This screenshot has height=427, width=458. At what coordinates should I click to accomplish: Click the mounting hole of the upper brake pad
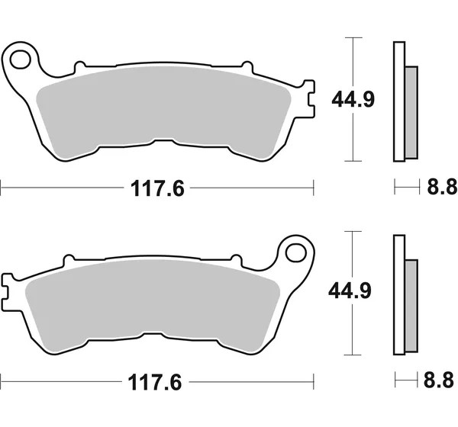[20, 59]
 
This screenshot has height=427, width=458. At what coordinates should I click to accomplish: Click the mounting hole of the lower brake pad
[296, 252]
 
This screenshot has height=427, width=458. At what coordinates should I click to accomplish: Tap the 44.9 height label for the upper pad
[353, 100]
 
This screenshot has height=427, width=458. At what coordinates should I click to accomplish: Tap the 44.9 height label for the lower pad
[350, 291]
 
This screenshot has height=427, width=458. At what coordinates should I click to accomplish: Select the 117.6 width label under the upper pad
[157, 188]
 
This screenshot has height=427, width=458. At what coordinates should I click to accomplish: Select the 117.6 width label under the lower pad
[155, 382]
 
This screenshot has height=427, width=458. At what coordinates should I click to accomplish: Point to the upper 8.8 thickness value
[442, 187]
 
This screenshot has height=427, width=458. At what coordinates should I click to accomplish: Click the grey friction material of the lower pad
[153, 305]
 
